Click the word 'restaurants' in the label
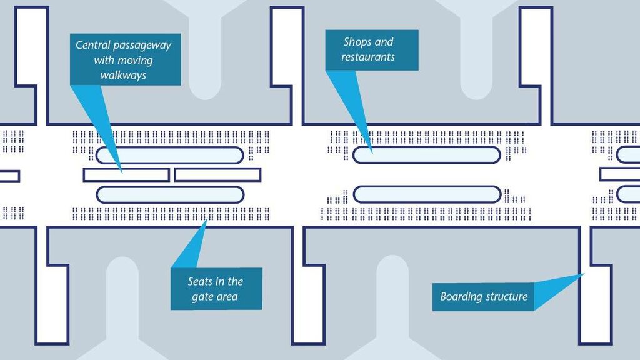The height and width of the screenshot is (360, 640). click(368, 57)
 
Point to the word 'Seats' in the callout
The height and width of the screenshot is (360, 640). click(201, 281)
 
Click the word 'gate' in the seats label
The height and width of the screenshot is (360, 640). click(202, 296)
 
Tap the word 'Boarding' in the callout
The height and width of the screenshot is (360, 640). click(461, 296)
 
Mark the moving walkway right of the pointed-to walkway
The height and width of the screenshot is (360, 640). click(217, 174)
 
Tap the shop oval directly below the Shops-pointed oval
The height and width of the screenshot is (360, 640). click(427, 194)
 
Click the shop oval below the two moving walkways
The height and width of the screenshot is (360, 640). click(169, 194)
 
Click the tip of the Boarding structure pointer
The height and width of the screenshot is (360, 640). click(583, 274)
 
